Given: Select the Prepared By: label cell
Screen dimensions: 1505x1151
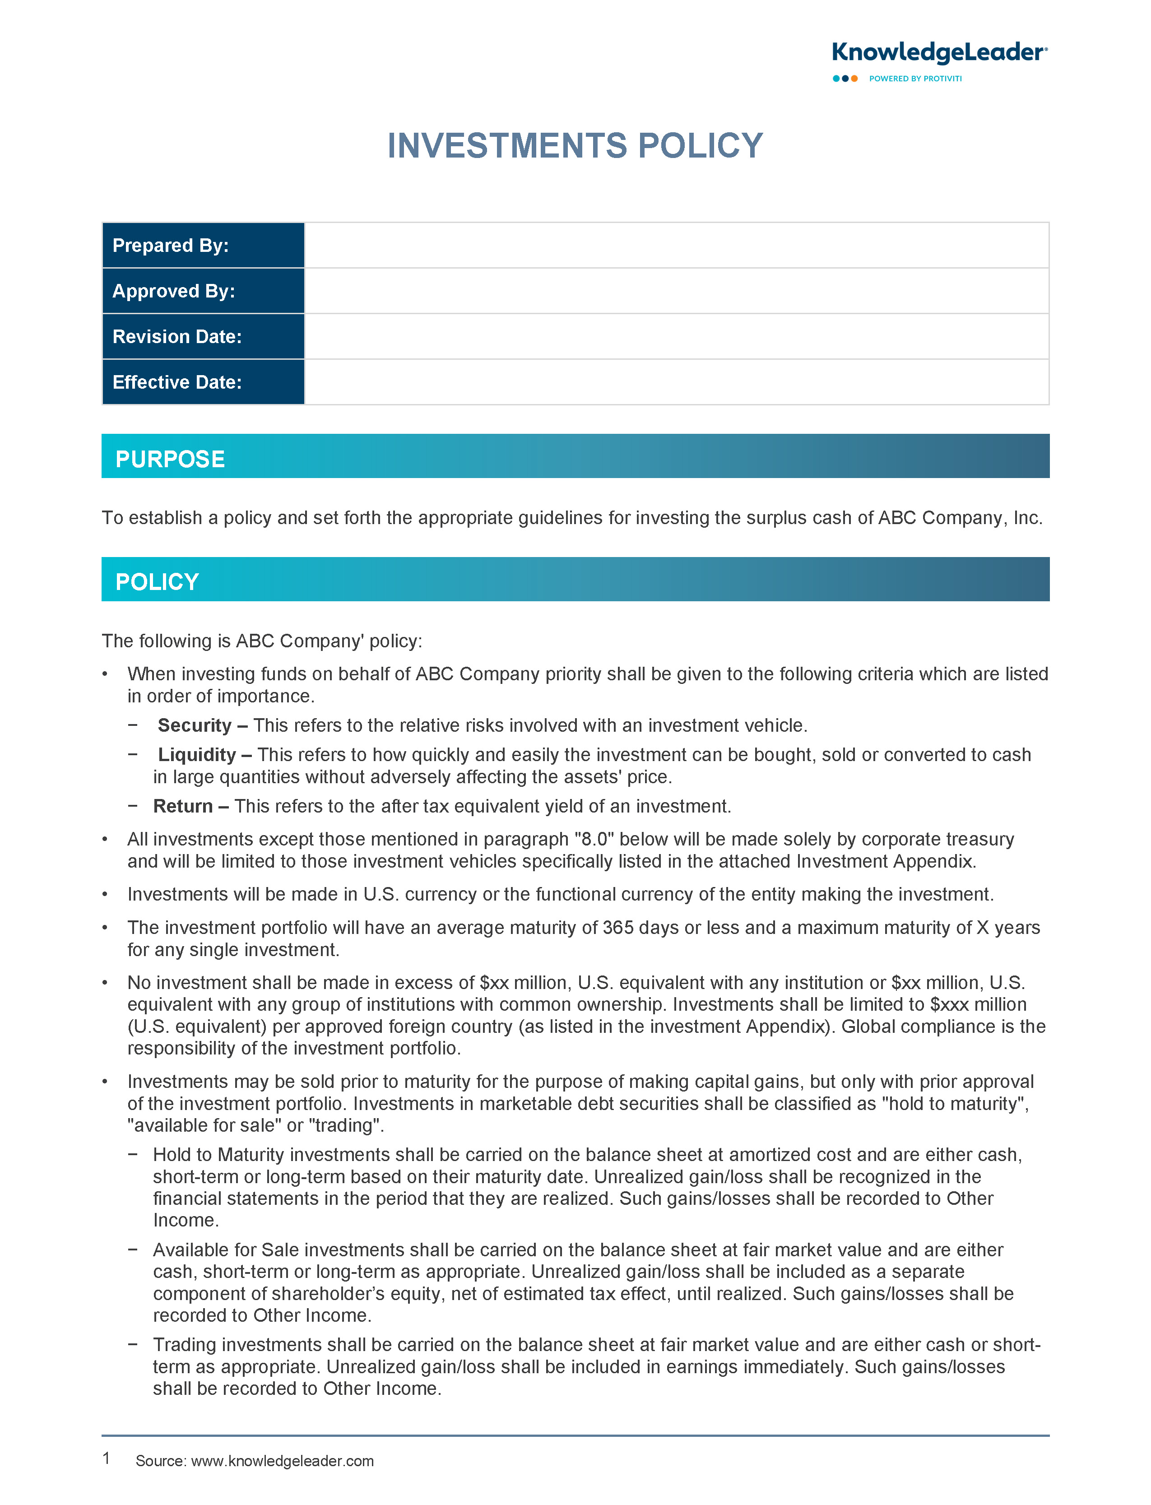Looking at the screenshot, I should [x=203, y=245].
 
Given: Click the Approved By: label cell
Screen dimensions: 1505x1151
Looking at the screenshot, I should [x=203, y=291].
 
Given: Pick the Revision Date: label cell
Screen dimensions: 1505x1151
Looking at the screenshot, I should [x=203, y=336].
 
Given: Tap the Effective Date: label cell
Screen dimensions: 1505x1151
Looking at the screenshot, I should [x=203, y=382].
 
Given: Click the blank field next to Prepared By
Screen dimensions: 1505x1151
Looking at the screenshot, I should [x=676, y=245].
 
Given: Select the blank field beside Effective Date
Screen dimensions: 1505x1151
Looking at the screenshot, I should [x=676, y=382].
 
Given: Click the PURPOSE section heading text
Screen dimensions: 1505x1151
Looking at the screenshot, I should [x=170, y=459].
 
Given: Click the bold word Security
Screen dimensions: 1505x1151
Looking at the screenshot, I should [x=195, y=725].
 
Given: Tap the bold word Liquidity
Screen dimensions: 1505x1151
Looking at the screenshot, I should [x=197, y=754].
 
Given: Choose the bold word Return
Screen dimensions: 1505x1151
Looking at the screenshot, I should [x=182, y=806].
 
